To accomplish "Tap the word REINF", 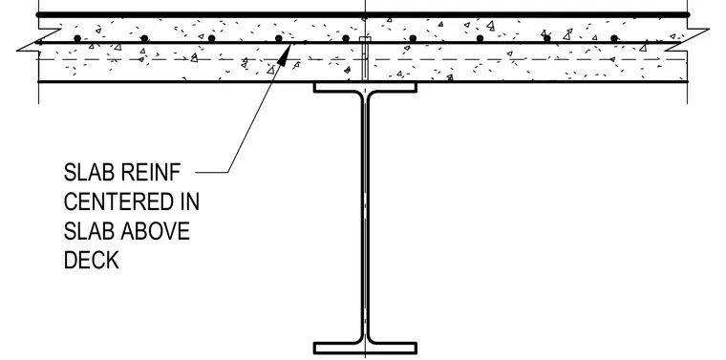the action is point(151,173).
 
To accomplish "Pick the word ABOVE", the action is point(156,231).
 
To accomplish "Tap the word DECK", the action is point(91,260).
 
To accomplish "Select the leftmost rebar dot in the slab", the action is point(77,38).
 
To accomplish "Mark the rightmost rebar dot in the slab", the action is point(614,38).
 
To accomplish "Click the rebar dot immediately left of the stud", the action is point(346,38).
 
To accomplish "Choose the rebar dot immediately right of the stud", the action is point(413,38).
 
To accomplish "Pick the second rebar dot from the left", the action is point(144,38).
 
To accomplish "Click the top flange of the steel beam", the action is point(365,88).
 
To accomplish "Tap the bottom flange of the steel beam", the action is point(365,348).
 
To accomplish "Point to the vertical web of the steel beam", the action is point(365,218).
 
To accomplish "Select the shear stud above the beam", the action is point(365,59).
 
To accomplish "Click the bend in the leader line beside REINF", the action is point(228,173).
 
